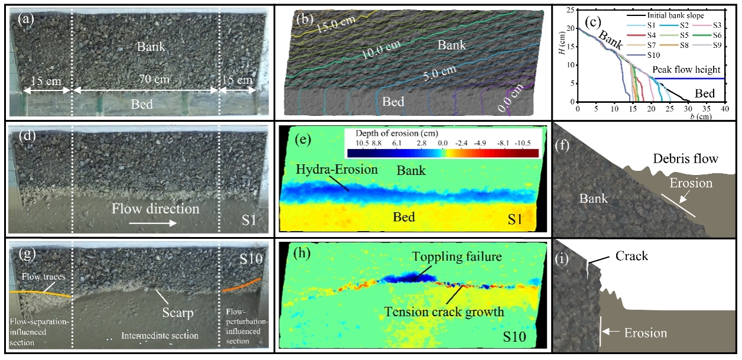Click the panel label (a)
click(x=25, y=18)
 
